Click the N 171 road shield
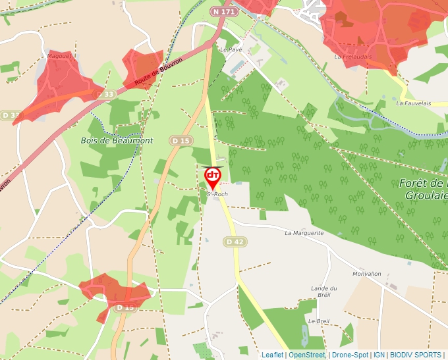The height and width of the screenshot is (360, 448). (x=224, y=12)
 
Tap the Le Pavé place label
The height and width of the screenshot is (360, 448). (x=231, y=49)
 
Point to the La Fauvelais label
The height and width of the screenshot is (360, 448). (x=413, y=103)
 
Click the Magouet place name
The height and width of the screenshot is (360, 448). (x=60, y=57)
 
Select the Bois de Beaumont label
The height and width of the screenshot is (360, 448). (x=117, y=141)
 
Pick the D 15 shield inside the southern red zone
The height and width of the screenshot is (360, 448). (x=125, y=307)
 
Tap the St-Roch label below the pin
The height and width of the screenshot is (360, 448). (x=217, y=194)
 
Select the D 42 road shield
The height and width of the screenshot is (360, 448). (x=235, y=242)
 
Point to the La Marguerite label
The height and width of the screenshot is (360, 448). (x=304, y=233)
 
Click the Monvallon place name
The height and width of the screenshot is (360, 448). (x=367, y=274)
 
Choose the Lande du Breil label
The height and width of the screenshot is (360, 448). (x=323, y=292)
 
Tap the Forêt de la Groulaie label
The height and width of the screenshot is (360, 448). (x=424, y=189)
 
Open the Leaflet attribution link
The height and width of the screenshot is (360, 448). (x=273, y=355)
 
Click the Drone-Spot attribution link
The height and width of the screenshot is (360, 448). (x=350, y=355)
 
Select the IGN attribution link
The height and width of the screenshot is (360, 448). (x=379, y=355)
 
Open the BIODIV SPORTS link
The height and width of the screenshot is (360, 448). (x=416, y=355)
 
